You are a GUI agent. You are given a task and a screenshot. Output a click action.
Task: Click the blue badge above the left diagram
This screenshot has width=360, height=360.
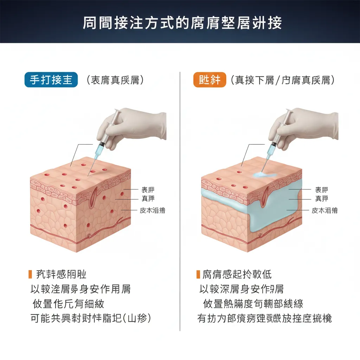(51, 80)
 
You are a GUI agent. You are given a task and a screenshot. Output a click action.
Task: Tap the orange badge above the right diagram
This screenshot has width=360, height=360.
(210, 80)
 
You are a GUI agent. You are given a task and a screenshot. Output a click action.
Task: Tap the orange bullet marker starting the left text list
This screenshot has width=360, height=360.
(30, 274)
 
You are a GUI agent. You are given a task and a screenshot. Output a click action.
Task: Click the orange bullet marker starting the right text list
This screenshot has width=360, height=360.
(198, 274)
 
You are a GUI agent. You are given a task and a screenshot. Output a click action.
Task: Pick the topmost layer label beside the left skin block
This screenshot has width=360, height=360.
(148, 190)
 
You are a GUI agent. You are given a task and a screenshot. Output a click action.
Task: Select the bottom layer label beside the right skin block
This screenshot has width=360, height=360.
(324, 211)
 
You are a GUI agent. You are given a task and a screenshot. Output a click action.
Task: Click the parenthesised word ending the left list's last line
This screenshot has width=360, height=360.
(137, 319)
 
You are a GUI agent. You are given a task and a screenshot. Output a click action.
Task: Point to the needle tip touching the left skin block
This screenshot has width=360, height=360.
(88, 175)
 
